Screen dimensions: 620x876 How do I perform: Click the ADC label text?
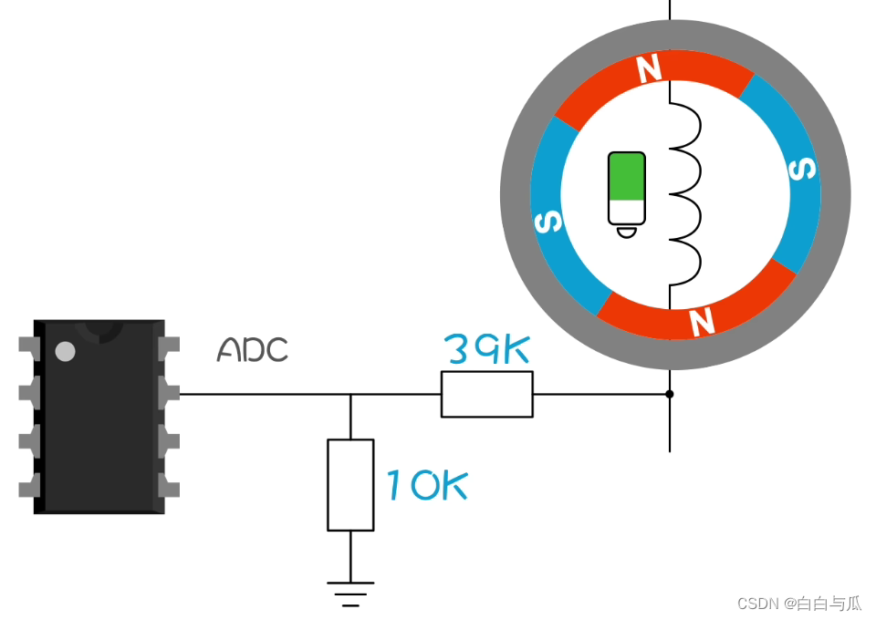coord(252,349)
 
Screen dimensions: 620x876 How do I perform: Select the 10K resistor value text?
coord(426,485)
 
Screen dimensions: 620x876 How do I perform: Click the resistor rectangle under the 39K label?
coord(486,394)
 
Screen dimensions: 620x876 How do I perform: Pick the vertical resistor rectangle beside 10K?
coord(350,484)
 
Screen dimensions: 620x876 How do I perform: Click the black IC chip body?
coord(99,429)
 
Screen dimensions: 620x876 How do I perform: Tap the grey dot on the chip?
coord(65,351)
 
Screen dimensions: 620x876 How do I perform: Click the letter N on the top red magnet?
coord(649,69)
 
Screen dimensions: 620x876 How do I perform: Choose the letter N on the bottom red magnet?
coord(701,321)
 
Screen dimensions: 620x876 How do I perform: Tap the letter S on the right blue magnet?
coord(801,170)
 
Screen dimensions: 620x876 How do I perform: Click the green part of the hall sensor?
coord(627,176)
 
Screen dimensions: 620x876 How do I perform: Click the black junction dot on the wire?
coord(670,394)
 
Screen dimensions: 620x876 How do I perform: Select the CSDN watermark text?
coord(798,603)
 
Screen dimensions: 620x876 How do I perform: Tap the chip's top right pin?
coord(169,347)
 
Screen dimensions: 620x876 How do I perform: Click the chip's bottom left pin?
coord(29,485)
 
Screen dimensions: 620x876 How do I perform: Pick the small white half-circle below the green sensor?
coord(626,232)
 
